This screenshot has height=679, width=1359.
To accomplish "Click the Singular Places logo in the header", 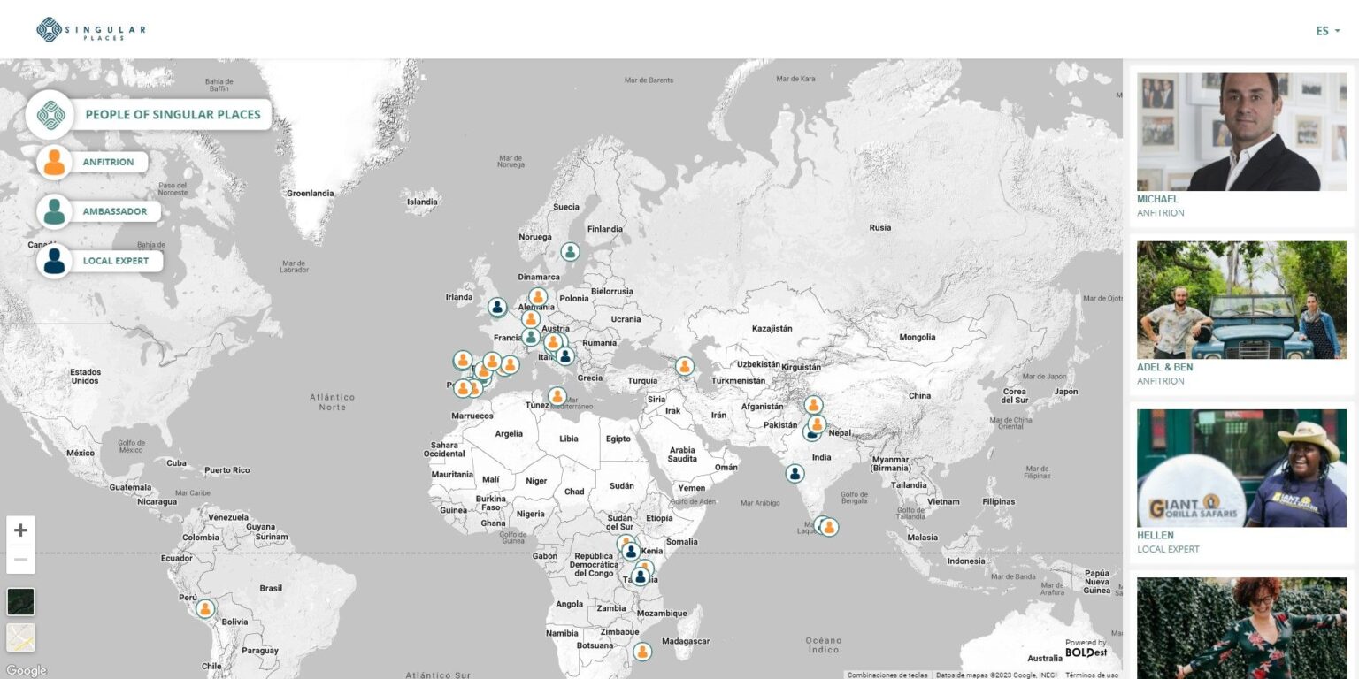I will coord(91,30).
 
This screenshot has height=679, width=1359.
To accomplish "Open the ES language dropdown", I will coord(1327,31).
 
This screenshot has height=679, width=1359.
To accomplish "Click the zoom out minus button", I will coord(20,560).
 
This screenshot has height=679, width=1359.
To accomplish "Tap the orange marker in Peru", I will coord(205,608).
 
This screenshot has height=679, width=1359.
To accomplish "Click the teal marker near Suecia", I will coord(571,252).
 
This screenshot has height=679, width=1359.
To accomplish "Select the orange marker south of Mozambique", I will coord(642,652).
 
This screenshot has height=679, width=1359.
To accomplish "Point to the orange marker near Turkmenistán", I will coord(684,366).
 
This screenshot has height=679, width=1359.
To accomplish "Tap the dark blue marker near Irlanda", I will coord(497,307).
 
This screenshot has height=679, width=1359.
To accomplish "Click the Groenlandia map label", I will coord(310,193).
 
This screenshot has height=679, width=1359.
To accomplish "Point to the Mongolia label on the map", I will coord(917,337).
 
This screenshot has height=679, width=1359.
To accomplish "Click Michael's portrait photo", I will coord(1241,132).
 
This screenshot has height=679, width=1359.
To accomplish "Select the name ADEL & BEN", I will coord(1164,367).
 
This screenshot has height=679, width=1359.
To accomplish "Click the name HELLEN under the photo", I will coord(1156,535).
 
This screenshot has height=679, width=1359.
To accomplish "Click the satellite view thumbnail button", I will coord(20,602).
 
